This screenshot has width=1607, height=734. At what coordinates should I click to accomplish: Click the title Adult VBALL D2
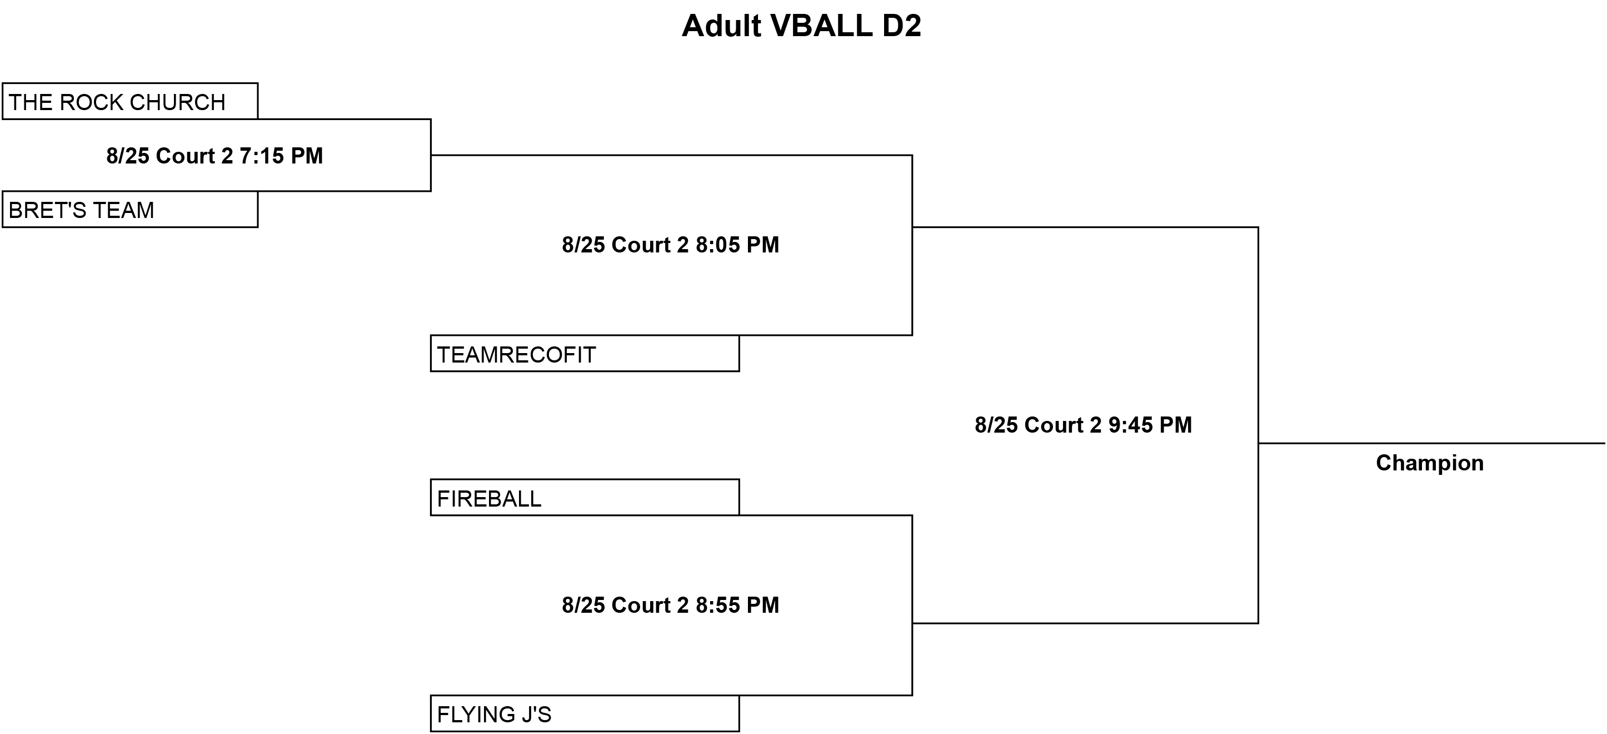(x=801, y=26)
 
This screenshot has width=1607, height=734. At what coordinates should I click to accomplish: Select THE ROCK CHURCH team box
(x=130, y=101)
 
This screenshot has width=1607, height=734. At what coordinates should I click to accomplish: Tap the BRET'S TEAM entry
(x=130, y=209)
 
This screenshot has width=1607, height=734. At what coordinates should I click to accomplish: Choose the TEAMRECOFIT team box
(x=585, y=353)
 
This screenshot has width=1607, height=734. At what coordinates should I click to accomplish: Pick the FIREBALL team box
(x=585, y=498)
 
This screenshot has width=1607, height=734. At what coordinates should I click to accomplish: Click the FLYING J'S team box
(x=585, y=713)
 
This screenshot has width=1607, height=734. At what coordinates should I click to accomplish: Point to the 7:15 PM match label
(x=214, y=155)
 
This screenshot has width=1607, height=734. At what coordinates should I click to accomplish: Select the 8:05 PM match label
(x=671, y=245)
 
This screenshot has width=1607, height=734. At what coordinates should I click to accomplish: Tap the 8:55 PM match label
(x=671, y=605)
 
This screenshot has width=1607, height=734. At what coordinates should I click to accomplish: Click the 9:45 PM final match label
(x=1083, y=425)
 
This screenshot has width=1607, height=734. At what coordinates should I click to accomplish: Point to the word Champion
(x=1430, y=463)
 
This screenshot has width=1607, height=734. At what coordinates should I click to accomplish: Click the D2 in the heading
(x=901, y=26)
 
